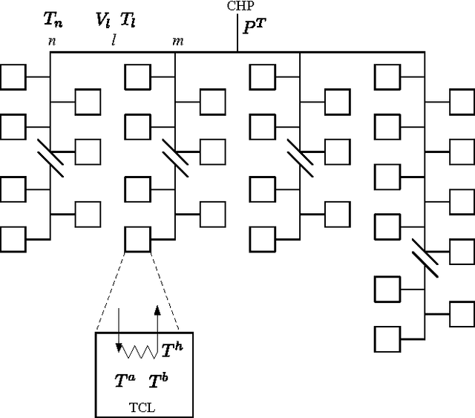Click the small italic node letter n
pos(51,42)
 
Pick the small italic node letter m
pos(178,42)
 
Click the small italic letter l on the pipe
pos(114,41)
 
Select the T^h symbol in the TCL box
pos(172,347)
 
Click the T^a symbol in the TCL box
pos(125,381)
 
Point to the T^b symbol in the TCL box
pos(158,382)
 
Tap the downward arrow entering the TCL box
pos(119,330)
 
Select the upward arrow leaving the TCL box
pos(157,327)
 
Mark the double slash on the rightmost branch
pos(425,252)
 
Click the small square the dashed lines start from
pos(138,239)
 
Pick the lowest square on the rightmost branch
pos(387,339)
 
